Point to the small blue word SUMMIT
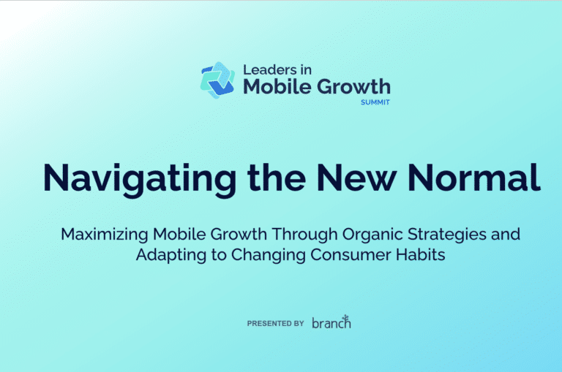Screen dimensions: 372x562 point(375,102)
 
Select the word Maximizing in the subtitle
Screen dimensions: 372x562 point(104,235)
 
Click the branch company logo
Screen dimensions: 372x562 point(331,322)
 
